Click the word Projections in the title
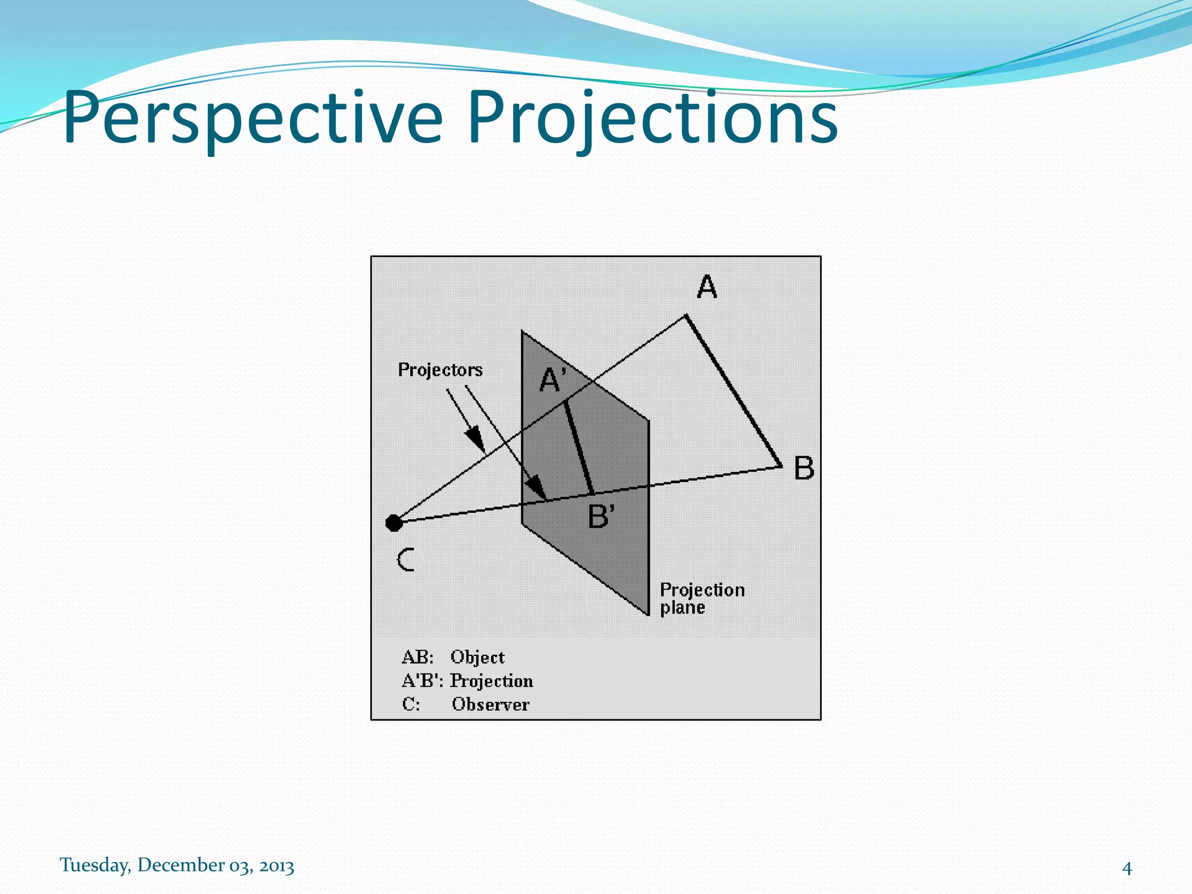click(652, 119)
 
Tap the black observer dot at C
click(394, 523)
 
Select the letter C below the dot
click(406, 560)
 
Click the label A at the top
click(707, 287)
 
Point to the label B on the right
click(804, 468)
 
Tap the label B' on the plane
click(601, 516)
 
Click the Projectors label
click(440, 370)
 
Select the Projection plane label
click(701, 598)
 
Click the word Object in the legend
click(477, 657)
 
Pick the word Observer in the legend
click(490, 704)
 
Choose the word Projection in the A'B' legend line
click(491, 680)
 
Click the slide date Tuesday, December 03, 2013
click(177, 865)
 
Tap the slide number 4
click(1127, 868)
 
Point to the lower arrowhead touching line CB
click(537, 487)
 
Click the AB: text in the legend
click(417, 657)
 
